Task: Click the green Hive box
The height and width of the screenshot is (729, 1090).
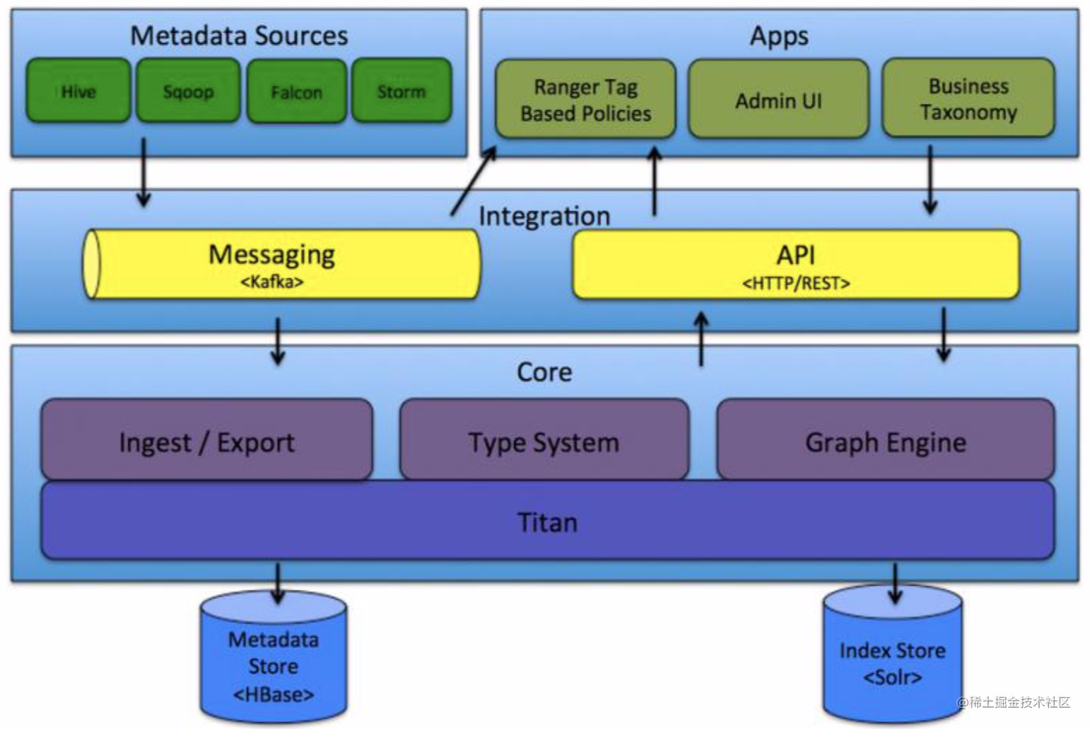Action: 78,91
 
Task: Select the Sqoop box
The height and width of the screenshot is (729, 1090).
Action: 188,91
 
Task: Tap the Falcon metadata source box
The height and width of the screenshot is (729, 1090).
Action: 296,92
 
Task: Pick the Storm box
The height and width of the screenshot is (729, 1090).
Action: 402,91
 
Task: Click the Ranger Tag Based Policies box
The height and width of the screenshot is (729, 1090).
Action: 585,100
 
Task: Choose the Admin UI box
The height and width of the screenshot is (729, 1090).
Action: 778,100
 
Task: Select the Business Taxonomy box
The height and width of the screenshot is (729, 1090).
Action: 968,99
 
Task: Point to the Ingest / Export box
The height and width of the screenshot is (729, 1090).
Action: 206,441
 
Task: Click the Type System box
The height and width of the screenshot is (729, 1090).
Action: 544,441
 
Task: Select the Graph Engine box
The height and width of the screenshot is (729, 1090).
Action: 885,441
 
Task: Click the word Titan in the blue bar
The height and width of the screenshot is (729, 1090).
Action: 547,523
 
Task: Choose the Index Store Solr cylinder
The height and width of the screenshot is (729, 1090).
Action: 892,660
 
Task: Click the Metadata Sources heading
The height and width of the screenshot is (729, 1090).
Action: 239,35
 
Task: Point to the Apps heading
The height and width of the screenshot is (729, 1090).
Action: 779,35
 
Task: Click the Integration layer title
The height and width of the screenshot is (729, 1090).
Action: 544,216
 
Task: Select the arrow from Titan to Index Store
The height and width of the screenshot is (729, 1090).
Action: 895,583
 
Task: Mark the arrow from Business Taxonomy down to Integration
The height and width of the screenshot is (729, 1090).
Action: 930,179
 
